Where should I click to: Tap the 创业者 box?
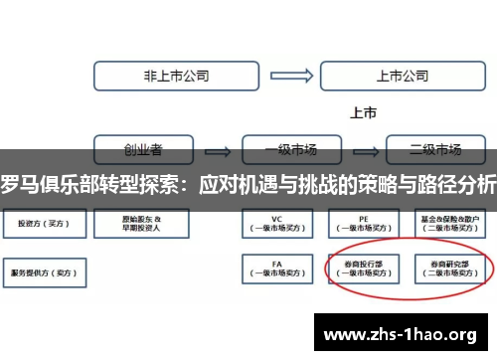point(144,150)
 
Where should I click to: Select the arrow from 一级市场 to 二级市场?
point(362,151)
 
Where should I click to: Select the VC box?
point(278,223)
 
